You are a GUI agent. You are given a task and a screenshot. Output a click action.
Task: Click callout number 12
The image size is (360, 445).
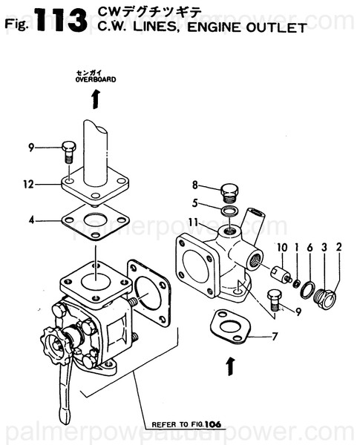point(27,185)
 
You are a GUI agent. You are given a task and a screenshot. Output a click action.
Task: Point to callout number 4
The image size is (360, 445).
point(31,220)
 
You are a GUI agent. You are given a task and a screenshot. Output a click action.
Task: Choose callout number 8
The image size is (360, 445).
point(194,185)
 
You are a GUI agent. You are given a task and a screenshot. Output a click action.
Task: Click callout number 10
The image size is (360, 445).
point(281,247)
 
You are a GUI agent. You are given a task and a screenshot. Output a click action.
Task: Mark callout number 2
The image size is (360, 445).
point(338,247)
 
